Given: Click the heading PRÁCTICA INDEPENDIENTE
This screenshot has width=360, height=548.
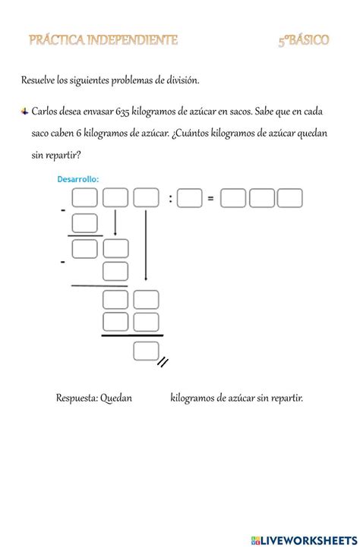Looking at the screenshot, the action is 104,40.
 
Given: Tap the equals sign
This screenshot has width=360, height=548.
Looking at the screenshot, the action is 210,200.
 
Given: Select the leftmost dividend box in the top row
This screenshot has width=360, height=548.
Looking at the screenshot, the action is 85,199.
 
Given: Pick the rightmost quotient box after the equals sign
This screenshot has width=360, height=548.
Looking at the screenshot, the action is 290,199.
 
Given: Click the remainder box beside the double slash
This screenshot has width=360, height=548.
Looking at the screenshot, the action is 145,351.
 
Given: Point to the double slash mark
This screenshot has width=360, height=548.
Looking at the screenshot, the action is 162,362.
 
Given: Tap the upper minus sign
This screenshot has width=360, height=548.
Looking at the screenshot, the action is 63,212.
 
